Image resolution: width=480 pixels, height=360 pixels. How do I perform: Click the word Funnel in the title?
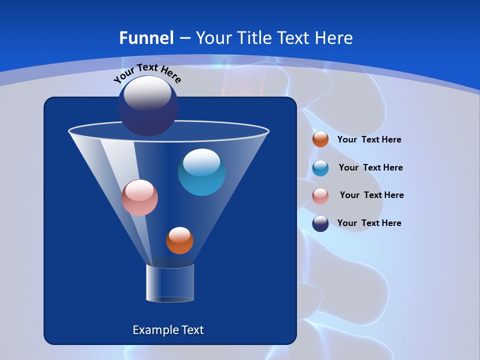coord(146,38)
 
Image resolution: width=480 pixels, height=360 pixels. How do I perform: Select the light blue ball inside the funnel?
coord(201,172)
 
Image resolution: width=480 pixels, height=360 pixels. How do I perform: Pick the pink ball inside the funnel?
coord(139,197)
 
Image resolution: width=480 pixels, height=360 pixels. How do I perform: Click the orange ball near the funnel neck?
coord(179,240)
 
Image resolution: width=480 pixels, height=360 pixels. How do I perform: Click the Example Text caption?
coord(168,330)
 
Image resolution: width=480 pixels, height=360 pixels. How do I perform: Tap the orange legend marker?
coord(320,139)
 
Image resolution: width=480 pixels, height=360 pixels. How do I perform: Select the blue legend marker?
coord(320,168)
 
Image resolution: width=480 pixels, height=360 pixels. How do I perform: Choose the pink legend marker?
coord(320,195)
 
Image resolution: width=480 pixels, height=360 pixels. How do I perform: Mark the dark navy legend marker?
coord(320,223)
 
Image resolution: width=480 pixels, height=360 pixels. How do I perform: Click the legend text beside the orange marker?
coord(369,140)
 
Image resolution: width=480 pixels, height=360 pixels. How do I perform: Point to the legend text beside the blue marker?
coord(370,168)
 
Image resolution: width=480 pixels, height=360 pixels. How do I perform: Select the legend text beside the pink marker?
coord(371,195)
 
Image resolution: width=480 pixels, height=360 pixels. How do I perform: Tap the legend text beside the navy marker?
coord(369,223)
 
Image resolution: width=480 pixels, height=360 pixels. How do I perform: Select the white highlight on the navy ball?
coord(147,93)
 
